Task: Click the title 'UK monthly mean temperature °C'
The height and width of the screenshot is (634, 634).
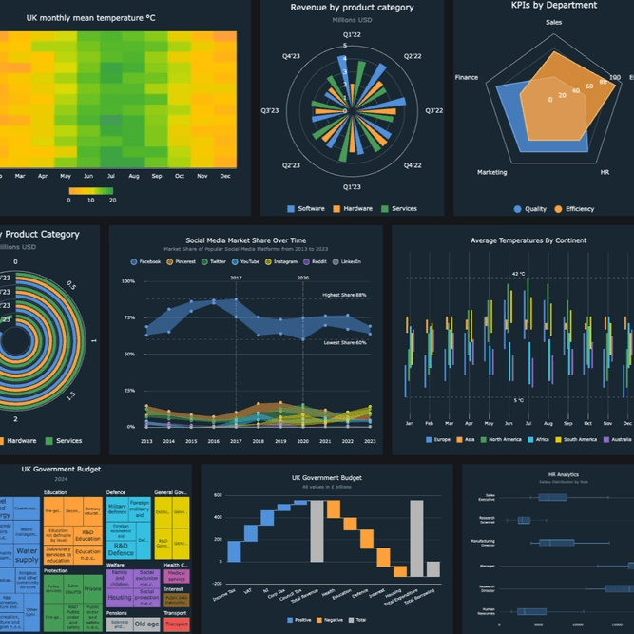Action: point(90,17)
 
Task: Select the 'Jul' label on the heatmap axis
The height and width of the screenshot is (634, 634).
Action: point(111,176)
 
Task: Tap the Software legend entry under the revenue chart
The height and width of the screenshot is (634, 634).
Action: point(306,208)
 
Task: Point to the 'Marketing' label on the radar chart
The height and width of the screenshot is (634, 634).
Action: point(491,172)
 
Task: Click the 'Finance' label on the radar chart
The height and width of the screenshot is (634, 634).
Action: point(467,77)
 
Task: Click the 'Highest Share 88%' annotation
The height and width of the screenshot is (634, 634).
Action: point(344,295)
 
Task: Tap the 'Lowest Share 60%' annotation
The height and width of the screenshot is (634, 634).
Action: point(345,342)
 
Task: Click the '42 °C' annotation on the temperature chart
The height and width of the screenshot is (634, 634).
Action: point(518,273)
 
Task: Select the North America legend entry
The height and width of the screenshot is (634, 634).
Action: point(509,439)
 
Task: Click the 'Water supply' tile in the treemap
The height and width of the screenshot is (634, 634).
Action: point(27,554)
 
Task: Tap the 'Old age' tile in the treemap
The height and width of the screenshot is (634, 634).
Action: point(146,624)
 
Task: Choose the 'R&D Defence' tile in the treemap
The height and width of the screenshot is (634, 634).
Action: point(121,548)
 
